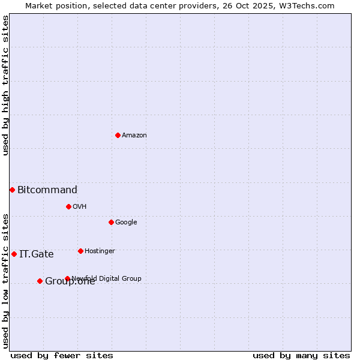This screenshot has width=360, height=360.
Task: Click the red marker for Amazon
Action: click(x=118, y=135)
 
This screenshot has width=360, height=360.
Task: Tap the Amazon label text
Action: click(x=134, y=136)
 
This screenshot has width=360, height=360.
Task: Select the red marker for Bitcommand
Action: click(x=12, y=190)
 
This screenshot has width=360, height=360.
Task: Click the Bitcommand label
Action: click(x=47, y=190)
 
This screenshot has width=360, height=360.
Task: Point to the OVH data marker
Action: click(x=68, y=206)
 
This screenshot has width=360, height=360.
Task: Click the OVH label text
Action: click(x=80, y=207)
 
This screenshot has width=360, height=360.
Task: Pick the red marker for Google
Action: click(x=111, y=222)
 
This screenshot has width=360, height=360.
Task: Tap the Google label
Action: click(x=126, y=223)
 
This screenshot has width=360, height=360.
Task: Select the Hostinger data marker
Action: click(x=80, y=251)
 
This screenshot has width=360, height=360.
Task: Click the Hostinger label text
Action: click(x=100, y=251)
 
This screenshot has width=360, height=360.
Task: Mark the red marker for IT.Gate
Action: click(x=14, y=254)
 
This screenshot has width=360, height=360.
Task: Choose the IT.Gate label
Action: click(x=37, y=254)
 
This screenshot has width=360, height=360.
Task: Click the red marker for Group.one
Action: click(x=40, y=281)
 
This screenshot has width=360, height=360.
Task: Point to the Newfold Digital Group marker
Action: click(x=67, y=278)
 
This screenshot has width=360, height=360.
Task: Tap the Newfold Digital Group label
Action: click(x=107, y=278)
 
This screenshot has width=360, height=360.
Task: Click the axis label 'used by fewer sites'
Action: click(x=62, y=356)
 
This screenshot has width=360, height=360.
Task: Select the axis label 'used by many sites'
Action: click(x=301, y=356)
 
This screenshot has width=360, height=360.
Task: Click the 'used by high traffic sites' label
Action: click(x=6, y=85)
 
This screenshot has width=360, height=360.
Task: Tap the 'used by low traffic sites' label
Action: click(x=6, y=281)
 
